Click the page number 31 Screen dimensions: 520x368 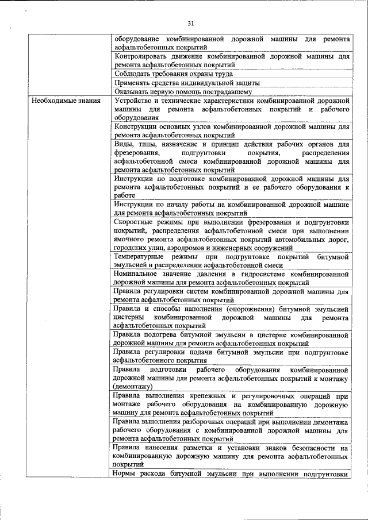click(191, 23)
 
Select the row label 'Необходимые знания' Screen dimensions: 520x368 click(66, 101)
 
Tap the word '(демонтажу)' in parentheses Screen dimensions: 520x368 click(133, 387)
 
